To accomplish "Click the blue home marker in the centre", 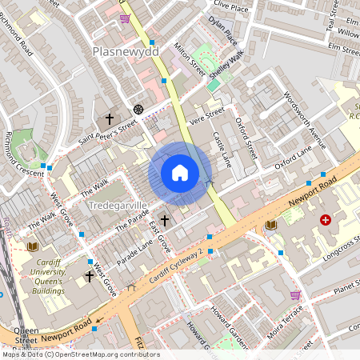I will (180, 173).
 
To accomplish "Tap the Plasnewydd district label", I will (126, 51).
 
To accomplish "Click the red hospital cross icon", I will (326, 219).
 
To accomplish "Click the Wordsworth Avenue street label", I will (305, 120).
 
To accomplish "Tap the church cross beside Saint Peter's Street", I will (110, 119).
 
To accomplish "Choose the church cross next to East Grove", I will (165, 220).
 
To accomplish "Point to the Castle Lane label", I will (222, 150).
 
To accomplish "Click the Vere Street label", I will (204, 119).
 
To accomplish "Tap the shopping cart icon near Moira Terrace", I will (295, 294).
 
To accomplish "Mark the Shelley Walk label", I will (226, 64).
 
